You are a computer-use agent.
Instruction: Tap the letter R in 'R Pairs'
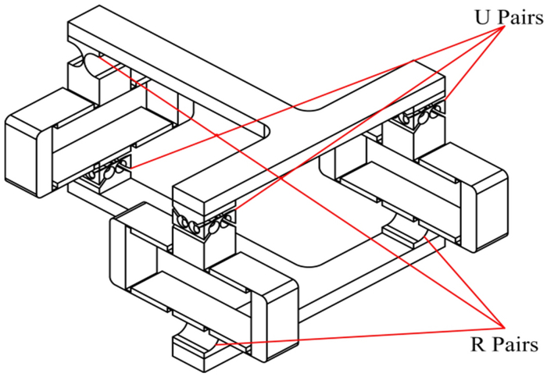(x=479, y=344)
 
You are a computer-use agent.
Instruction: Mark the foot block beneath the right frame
(x=406, y=232)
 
